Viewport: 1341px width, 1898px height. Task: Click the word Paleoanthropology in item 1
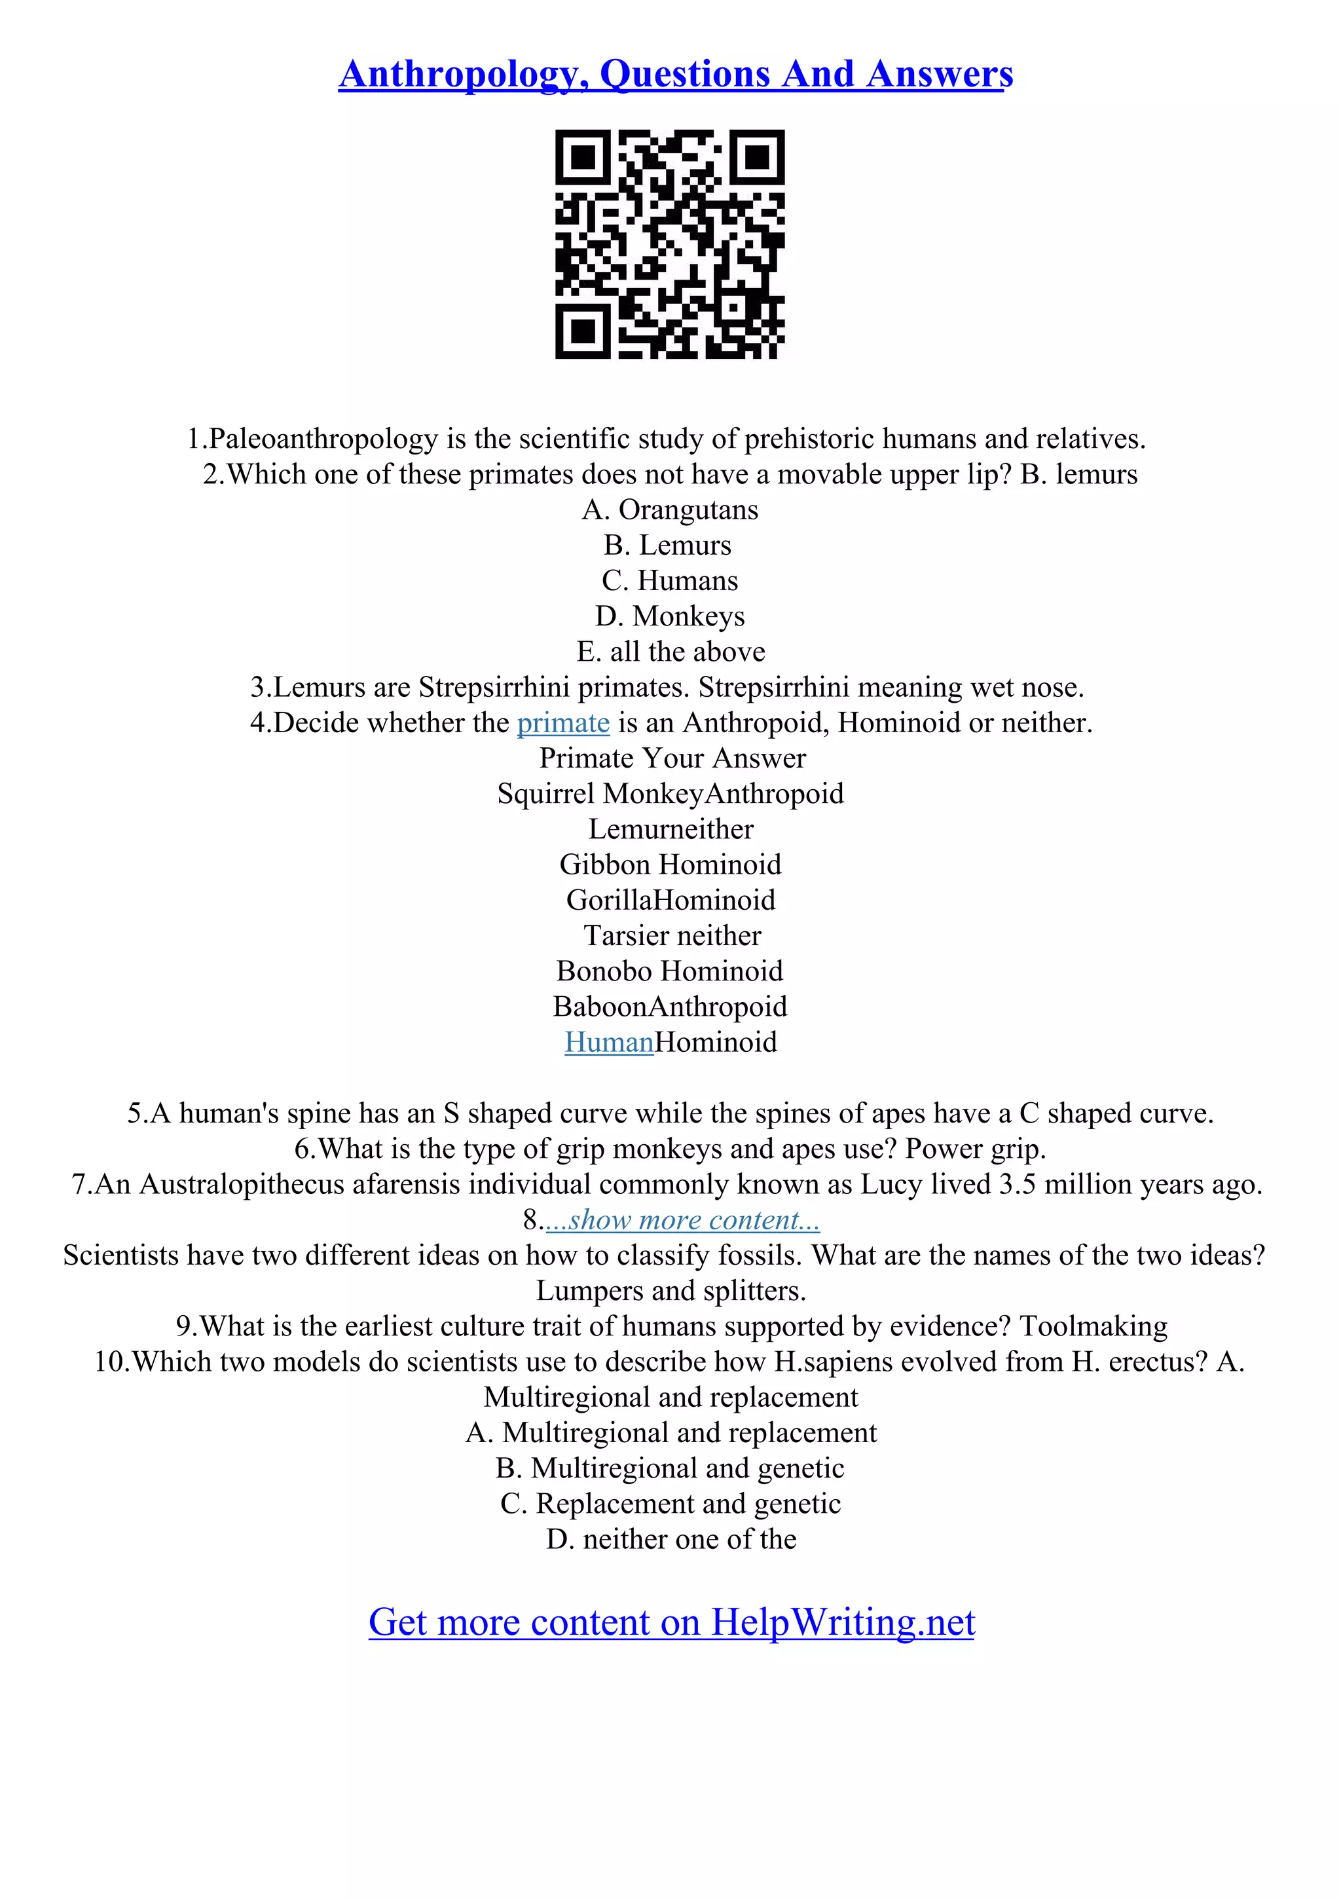[323, 438]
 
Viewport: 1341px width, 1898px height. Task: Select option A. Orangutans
[669, 510]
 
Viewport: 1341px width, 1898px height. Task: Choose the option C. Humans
[669, 581]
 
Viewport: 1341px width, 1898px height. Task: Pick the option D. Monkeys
[669, 617]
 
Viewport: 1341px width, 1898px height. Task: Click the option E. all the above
[670, 652]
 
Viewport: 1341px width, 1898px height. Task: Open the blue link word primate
[562, 723]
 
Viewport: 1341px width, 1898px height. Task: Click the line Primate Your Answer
[672, 758]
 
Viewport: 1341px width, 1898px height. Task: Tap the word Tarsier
[624, 936]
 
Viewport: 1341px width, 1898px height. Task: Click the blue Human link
[609, 1043]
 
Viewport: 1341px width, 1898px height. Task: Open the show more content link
[682, 1220]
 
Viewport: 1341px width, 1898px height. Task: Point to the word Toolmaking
[1093, 1327]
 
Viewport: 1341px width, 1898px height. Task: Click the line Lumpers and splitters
[670, 1292]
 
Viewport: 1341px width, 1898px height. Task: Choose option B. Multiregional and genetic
[669, 1469]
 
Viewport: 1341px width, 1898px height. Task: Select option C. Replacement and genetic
[670, 1504]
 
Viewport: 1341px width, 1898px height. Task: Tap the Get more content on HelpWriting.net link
[671, 1622]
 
